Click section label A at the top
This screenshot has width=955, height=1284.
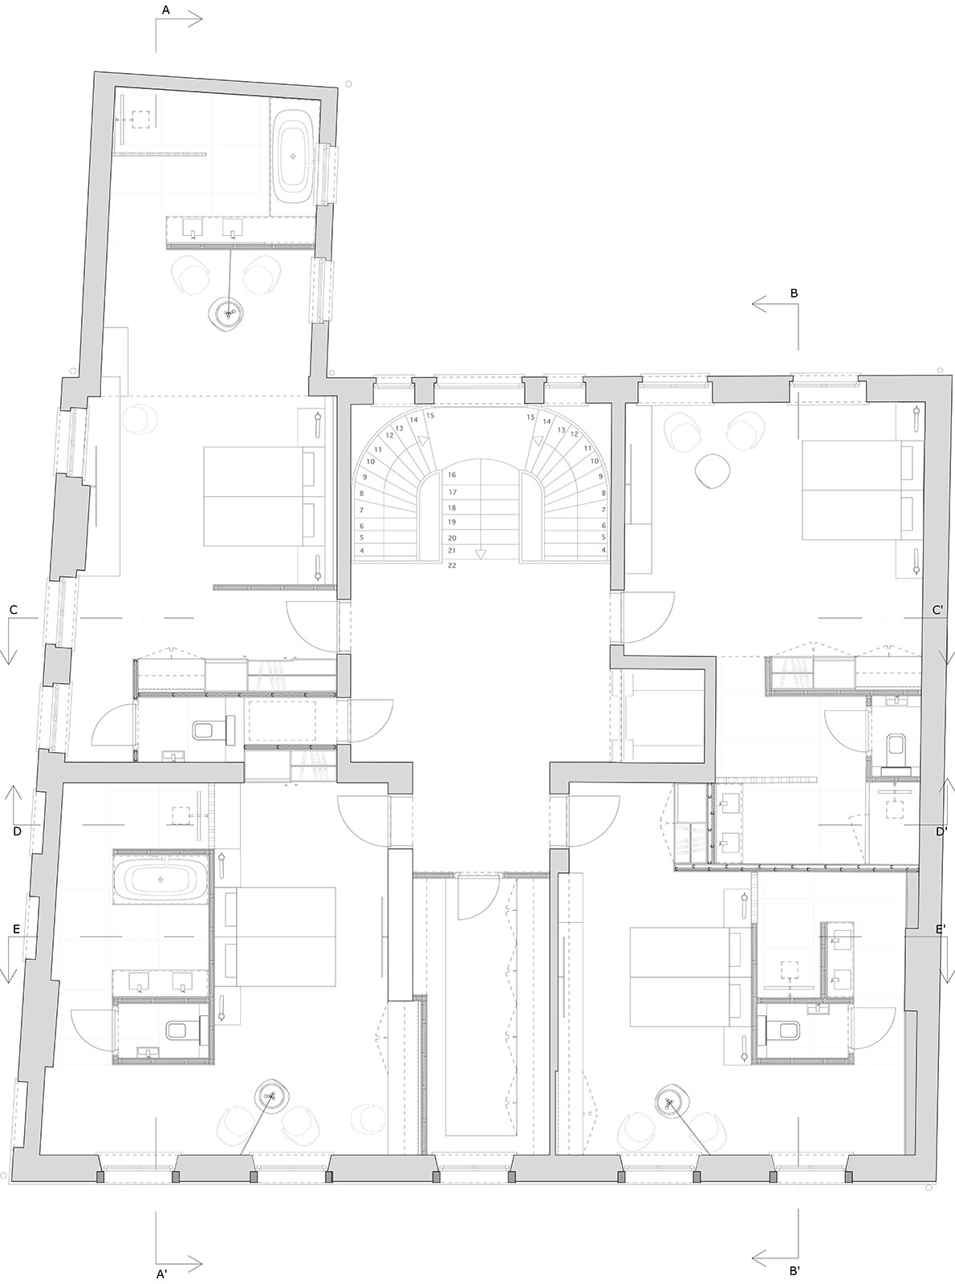(166, 10)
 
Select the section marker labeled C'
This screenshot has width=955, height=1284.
(938, 610)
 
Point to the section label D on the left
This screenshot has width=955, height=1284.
(17, 831)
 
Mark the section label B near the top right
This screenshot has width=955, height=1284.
(794, 294)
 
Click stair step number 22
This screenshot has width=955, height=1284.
(453, 565)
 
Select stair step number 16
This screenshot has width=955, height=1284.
(453, 475)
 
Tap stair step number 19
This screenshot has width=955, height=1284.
(453, 522)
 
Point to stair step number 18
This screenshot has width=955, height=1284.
(453, 508)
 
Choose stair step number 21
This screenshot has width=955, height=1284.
(453, 551)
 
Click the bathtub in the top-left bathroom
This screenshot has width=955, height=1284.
(296, 156)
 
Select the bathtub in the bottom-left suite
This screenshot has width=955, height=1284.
(161, 880)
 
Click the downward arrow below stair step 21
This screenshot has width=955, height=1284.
(480, 554)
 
